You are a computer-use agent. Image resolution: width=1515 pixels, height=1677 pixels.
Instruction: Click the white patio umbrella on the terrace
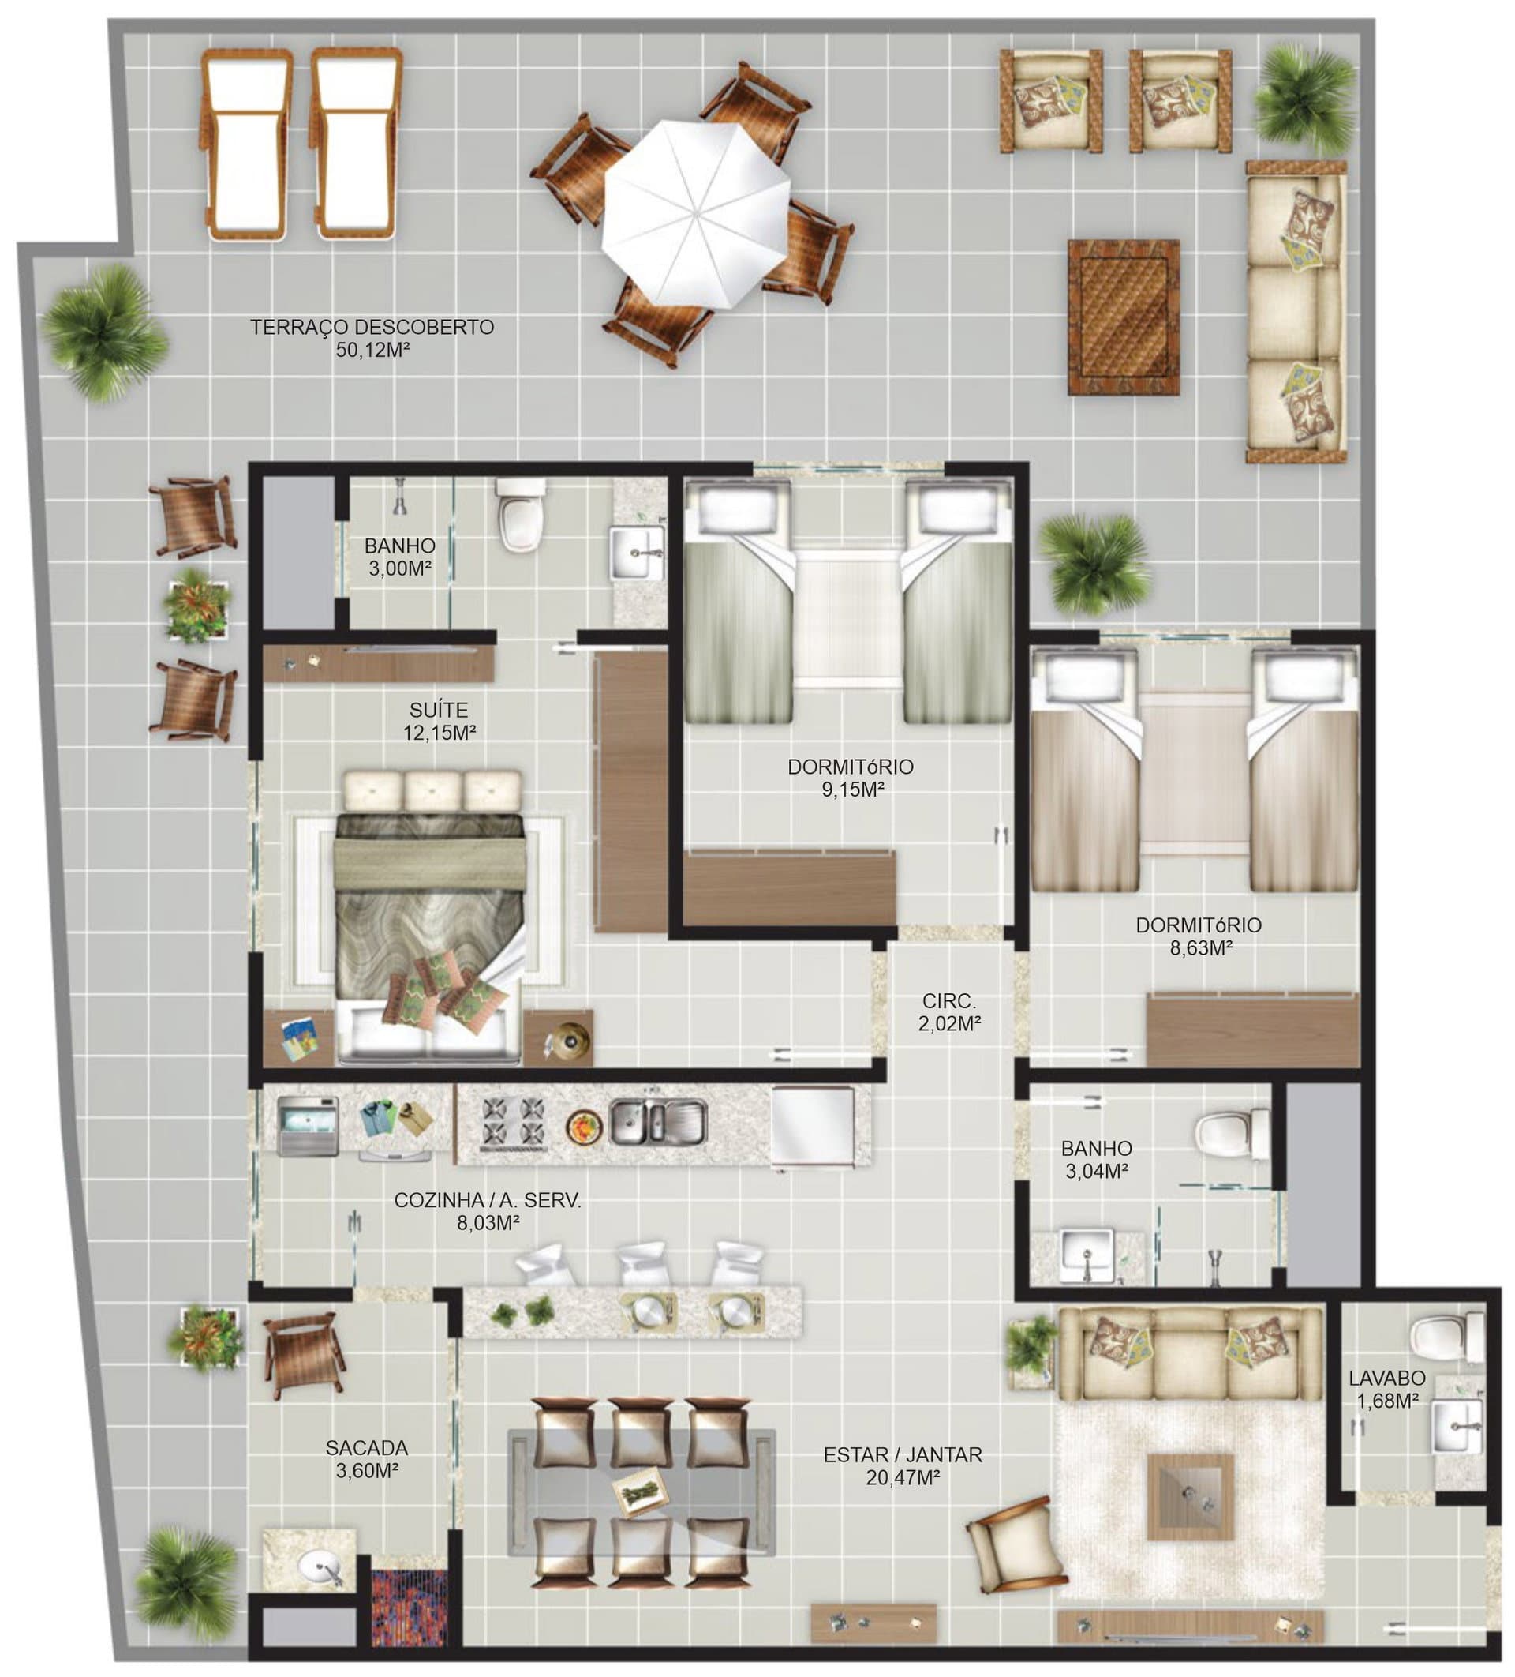coord(695,212)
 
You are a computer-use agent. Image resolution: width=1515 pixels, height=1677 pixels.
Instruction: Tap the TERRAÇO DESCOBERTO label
coord(372,327)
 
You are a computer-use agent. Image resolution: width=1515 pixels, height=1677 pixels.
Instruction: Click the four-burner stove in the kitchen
coord(514,1120)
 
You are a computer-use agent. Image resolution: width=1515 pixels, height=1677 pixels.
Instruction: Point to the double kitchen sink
coord(656,1120)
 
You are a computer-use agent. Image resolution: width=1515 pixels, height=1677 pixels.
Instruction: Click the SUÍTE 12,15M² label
coord(439,721)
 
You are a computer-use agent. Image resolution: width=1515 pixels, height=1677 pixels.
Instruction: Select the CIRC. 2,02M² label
coord(948,1011)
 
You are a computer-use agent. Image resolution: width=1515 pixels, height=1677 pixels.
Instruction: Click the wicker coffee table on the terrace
coord(1124,317)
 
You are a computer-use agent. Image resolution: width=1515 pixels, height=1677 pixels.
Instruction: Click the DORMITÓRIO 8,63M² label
coord(1199,936)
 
